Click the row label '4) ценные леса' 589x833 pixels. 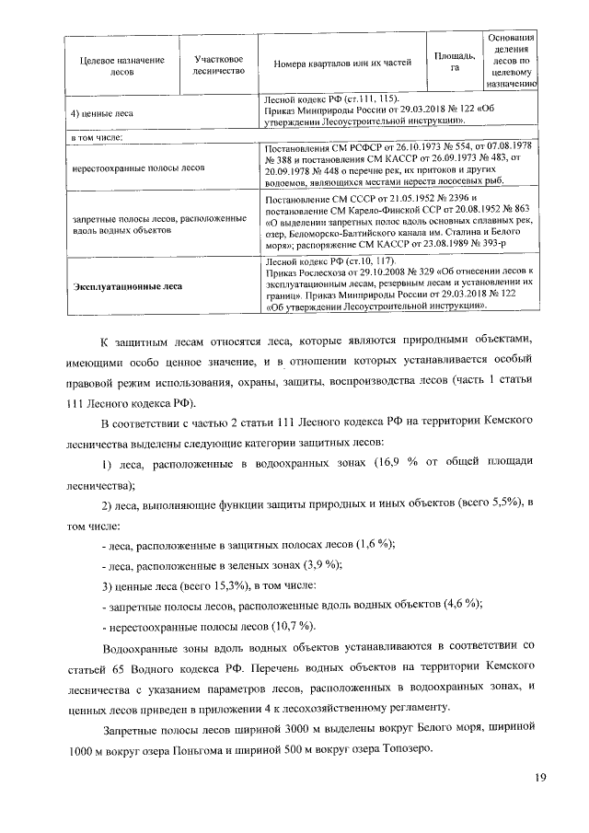102,114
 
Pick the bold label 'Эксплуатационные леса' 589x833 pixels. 127,285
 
